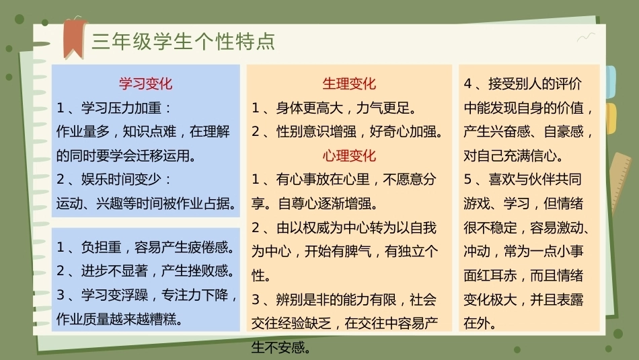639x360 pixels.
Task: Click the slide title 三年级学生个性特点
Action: [184, 42]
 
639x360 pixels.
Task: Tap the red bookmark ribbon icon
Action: [74, 38]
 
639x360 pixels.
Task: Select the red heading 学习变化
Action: [145, 83]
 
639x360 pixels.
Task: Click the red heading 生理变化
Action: [349, 83]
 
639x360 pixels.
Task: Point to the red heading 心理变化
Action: [349, 155]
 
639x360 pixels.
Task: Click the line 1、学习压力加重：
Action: [114, 108]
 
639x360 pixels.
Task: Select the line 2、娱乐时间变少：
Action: [114, 179]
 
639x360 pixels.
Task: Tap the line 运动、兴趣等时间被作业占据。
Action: [147, 203]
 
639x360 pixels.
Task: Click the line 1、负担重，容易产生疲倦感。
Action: [147, 247]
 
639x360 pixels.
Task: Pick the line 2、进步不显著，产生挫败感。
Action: [147, 271]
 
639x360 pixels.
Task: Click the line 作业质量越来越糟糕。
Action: [120, 319]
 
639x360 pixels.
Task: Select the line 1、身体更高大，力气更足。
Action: [334, 108]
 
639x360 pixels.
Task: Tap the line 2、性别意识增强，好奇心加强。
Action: [348, 131]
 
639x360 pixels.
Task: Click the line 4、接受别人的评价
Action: [523, 83]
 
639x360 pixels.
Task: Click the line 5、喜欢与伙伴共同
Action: [523, 179]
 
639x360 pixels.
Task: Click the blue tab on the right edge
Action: [611, 81]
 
